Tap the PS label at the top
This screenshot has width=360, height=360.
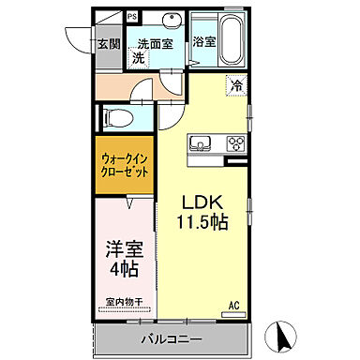(131, 17)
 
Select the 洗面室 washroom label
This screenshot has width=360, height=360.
(155, 43)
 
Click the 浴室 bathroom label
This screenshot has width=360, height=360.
(203, 42)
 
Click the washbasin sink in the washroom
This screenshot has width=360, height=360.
(172, 22)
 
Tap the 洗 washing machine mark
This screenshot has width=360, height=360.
(138, 58)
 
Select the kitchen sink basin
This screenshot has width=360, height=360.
(201, 143)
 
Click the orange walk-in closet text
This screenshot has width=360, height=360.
(125, 165)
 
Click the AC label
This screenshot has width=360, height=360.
(235, 304)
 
